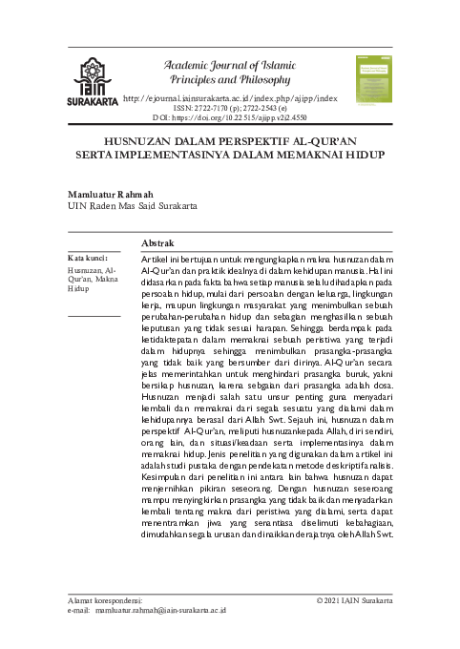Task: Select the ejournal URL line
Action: pos(230,98)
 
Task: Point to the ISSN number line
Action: pos(230,109)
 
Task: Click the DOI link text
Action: pos(230,118)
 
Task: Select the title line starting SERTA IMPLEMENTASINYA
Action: pos(230,153)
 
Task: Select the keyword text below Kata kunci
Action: pos(92,278)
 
